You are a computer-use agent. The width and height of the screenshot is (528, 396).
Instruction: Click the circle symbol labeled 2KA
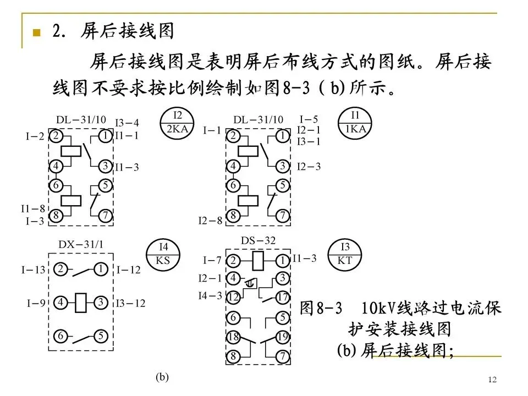click(x=177, y=123)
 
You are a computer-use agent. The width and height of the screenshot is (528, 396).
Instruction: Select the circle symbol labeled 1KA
click(x=355, y=123)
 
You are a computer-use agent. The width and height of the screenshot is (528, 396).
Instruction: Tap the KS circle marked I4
click(x=163, y=255)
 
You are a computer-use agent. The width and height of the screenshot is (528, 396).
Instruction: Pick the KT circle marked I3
click(x=345, y=255)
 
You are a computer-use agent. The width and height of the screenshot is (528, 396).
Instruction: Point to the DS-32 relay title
click(x=258, y=240)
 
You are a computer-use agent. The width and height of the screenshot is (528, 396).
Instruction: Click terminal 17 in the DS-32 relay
click(x=282, y=297)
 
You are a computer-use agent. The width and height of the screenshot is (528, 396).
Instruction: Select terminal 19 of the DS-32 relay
click(x=282, y=337)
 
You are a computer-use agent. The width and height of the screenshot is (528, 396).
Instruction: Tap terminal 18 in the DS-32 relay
click(x=233, y=337)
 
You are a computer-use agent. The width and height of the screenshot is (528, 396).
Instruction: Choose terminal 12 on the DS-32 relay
click(x=233, y=297)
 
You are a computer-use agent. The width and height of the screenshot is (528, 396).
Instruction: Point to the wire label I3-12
click(x=130, y=302)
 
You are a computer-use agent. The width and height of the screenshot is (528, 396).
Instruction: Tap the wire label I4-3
click(x=210, y=296)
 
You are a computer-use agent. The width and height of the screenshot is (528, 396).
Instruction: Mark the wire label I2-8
click(x=210, y=221)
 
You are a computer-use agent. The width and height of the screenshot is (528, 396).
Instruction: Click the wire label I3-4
click(x=127, y=123)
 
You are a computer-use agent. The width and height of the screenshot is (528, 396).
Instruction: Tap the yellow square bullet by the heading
click(x=37, y=32)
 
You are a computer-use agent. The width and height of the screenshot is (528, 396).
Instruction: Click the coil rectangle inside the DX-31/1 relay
click(x=81, y=302)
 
